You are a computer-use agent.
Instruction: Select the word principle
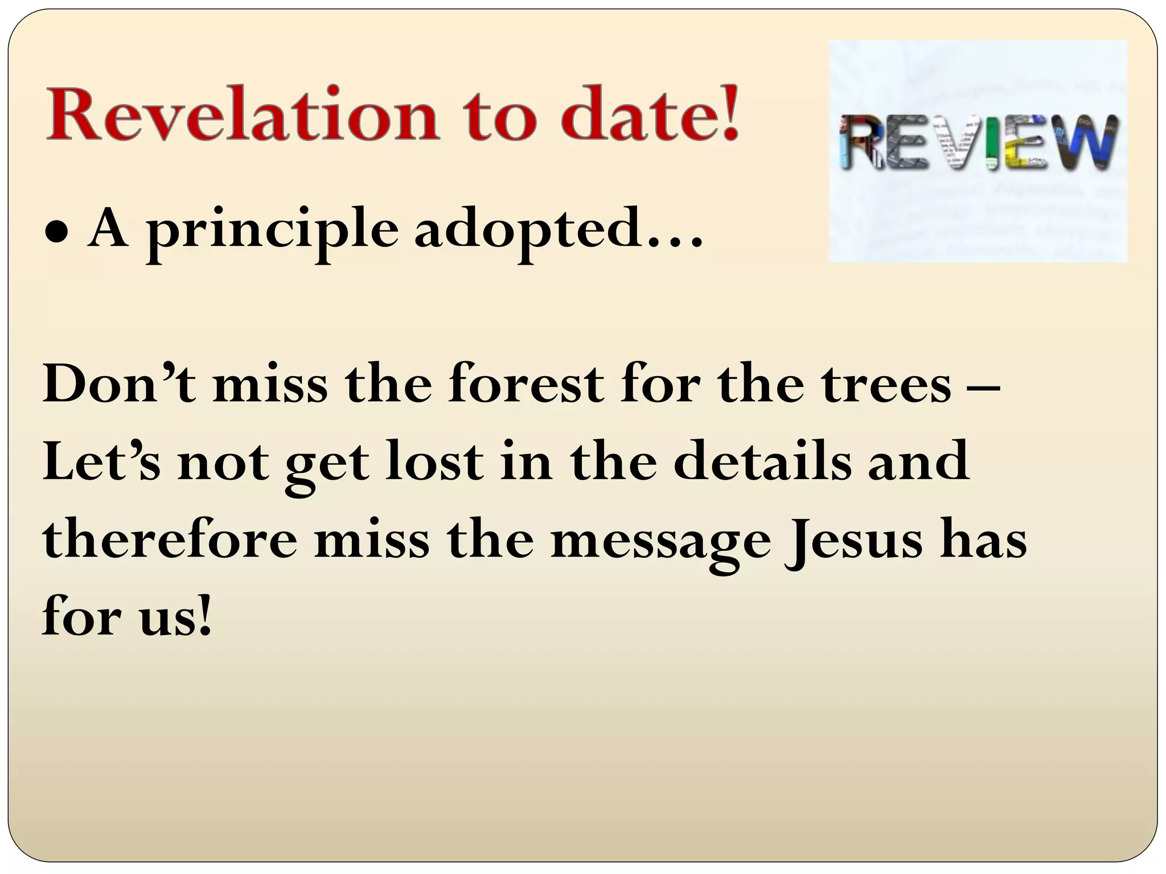click(x=273, y=232)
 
